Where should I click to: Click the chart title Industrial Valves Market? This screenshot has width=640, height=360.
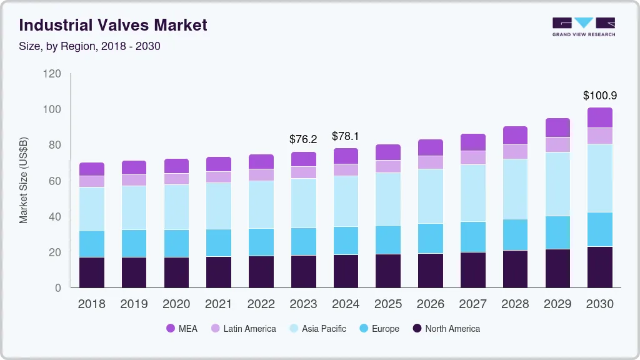[x=113, y=25]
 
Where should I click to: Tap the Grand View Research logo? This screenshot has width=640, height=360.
[x=583, y=26]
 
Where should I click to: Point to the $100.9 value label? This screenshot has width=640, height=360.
[x=600, y=96]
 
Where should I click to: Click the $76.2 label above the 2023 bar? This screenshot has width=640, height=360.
[x=303, y=139]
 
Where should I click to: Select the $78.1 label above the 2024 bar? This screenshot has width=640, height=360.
[x=346, y=136]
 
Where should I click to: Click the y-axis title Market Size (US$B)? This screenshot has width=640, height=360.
[x=24, y=179]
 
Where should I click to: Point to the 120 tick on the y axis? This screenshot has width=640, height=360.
[x=52, y=74]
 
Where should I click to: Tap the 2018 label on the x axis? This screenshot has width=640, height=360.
[x=91, y=304]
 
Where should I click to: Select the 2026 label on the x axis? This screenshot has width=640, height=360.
[x=431, y=304]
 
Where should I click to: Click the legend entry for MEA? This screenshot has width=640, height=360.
[x=182, y=329]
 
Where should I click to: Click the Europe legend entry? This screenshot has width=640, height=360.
[x=378, y=329]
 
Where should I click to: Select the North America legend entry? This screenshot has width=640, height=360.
[x=446, y=329]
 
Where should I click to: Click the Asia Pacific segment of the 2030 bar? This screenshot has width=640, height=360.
[x=600, y=178]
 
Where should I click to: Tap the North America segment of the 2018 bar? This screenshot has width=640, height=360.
[x=92, y=272]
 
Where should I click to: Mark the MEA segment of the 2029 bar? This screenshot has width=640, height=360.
[x=557, y=127]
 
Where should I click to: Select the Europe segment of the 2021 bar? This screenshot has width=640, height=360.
[x=219, y=242]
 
